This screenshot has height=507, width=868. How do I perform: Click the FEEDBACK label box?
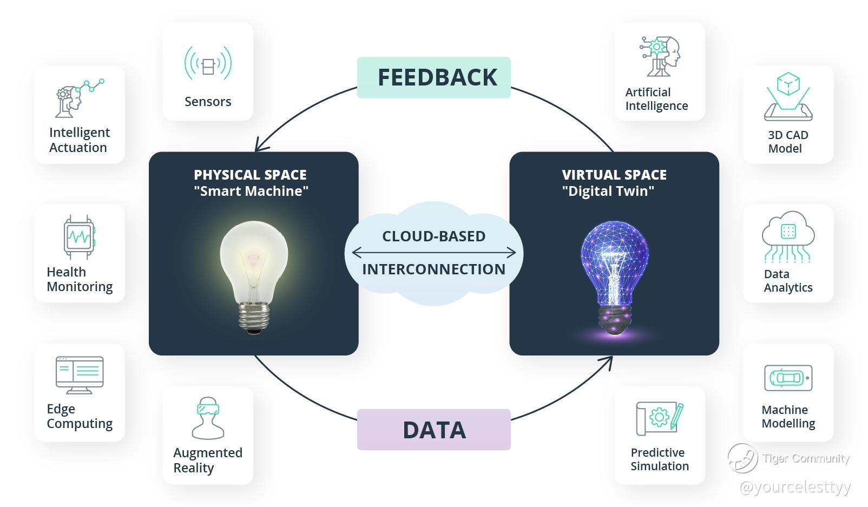[x=433, y=77]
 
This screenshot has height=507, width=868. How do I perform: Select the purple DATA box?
[x=433, y=430]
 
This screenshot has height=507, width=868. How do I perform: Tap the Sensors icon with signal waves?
[x=208, y=63]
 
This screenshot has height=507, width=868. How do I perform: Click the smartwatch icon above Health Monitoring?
[x=80, y=237]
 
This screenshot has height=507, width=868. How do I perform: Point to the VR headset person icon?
[x=208, y=418]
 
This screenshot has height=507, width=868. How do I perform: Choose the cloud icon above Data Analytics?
[x=788, y=236]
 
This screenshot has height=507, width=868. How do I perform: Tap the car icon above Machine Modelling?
[x=788, y=378]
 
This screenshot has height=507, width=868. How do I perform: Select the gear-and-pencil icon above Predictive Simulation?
[x=660, y=419]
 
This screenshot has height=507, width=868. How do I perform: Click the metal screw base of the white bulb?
[x=254, y=318]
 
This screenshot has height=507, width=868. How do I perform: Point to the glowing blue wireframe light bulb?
[x=615, y=278]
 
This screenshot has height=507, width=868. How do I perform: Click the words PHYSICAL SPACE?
[x=251, y=175]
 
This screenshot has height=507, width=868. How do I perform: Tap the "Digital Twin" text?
[x=608, y=191]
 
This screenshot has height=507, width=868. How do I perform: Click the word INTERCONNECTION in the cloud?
[x=433, y=269]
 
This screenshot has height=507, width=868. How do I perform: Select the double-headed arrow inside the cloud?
[x=433, y=253]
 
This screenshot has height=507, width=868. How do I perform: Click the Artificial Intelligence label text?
[x=656, y=99]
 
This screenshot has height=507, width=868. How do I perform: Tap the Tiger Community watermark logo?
[x=742, y=458]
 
